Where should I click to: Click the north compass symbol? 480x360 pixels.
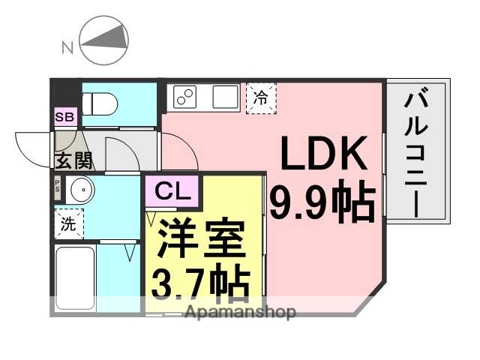(103, 43)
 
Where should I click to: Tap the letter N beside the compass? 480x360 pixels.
(67, 48)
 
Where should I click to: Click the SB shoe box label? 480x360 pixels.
(64, 116)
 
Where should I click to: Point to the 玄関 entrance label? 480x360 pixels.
(72, 160)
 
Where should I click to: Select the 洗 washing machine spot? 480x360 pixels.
(68, 223)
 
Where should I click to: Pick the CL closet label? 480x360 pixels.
(172, 191)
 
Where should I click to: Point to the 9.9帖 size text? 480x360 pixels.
(322, 202)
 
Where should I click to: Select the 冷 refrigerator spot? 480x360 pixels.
(260, 97)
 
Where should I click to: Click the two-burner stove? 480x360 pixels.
(185, 97)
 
